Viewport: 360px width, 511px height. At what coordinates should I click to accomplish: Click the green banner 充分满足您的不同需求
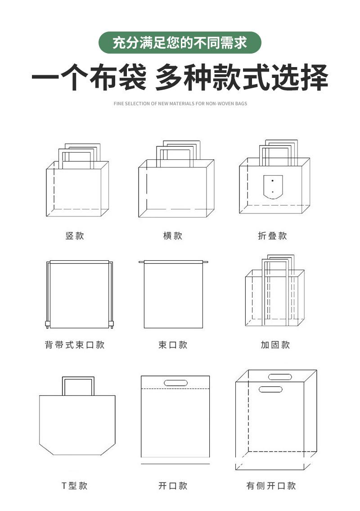tap(180, 43)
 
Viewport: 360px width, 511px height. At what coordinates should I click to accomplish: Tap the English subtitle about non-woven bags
tap(180, 104)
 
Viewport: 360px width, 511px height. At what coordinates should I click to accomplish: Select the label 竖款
tap(75, 236)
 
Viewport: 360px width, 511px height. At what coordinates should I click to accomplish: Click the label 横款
tap(173, 236)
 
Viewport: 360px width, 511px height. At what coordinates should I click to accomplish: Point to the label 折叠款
tap(272, 236)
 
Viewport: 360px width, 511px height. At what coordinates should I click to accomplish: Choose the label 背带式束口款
tap(75, 345)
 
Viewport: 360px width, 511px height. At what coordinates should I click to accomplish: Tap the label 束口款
tap(173, 345)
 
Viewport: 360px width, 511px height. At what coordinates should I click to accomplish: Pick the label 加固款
tap(275, 345)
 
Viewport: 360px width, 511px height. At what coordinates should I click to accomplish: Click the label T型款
tap(75, 486)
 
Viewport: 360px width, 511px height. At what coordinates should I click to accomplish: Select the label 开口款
tap(173, 486)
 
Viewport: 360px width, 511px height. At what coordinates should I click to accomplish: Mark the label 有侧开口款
tap(271, 486)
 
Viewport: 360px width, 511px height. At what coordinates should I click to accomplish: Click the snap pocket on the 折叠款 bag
tap(273, 186)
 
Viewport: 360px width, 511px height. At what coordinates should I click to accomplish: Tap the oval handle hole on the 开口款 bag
tap(175, 383)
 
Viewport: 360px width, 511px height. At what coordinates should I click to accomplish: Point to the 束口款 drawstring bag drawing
tap(174, 295)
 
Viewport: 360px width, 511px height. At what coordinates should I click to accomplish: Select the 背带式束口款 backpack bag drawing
tap(79, 295)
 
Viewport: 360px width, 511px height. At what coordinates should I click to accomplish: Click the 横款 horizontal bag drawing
tap(175, 187)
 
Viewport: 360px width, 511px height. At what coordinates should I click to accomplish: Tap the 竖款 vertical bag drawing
tap(77, 187)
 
